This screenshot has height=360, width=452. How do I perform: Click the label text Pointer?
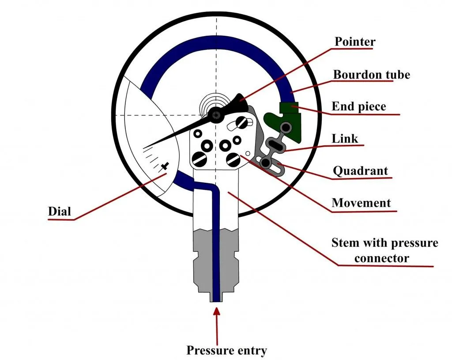[x=355, y=42]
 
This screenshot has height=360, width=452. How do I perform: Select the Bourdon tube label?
[x=371, y=75]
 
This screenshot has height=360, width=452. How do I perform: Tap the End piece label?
[x=358, y=106]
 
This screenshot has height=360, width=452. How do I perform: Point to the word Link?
[x=345, y=139]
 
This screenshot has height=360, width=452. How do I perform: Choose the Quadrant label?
[x=361, y=171]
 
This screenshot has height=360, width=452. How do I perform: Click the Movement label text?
[x=361, y=203]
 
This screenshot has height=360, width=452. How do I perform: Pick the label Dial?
[x=59, y=211]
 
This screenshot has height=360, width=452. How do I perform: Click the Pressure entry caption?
[x=226, y=351]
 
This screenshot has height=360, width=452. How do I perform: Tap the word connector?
[x=381, y=258]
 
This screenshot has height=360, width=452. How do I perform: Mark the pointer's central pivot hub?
[x=216, y=115]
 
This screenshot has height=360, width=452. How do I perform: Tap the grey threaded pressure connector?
[x=203, y=265]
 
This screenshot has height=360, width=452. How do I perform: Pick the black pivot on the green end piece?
[x=287, y=128]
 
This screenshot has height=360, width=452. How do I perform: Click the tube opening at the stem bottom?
[x=216, y=299]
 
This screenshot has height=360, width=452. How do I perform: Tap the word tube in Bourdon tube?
[x=397, y=75]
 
